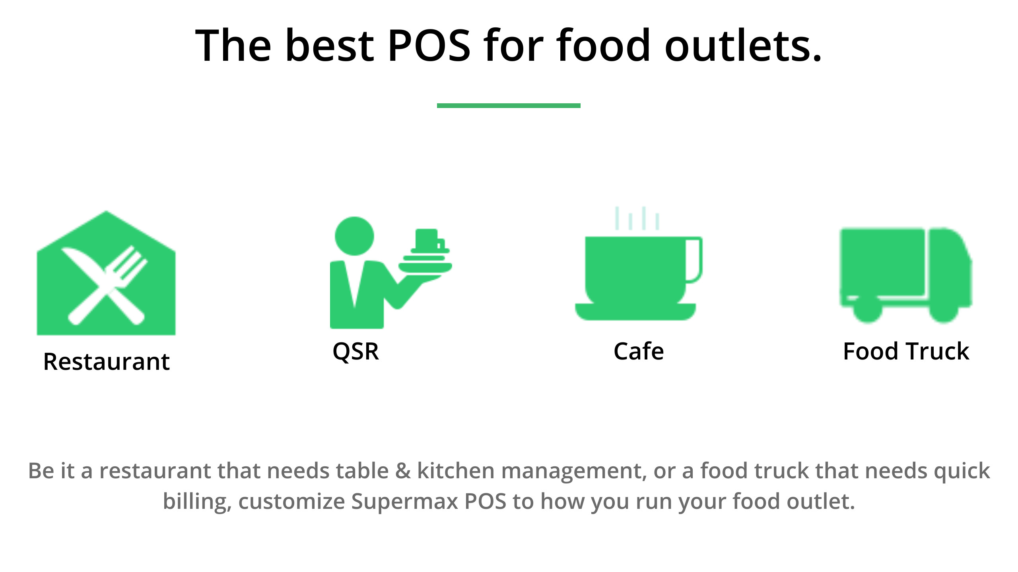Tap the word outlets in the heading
click(x=743, y=44)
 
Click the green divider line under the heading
click(x=509, y=106)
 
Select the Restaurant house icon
click(x=106, y=273)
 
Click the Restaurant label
click(x=107, y=361)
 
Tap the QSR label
click(x=356, y=352)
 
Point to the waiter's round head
click(x=354, y=236)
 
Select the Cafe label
click(x=639, y=352)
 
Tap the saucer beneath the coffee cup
click(x=635, y=312)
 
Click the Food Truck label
click(x=906, y=352)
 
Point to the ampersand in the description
click(x=403, y=471)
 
